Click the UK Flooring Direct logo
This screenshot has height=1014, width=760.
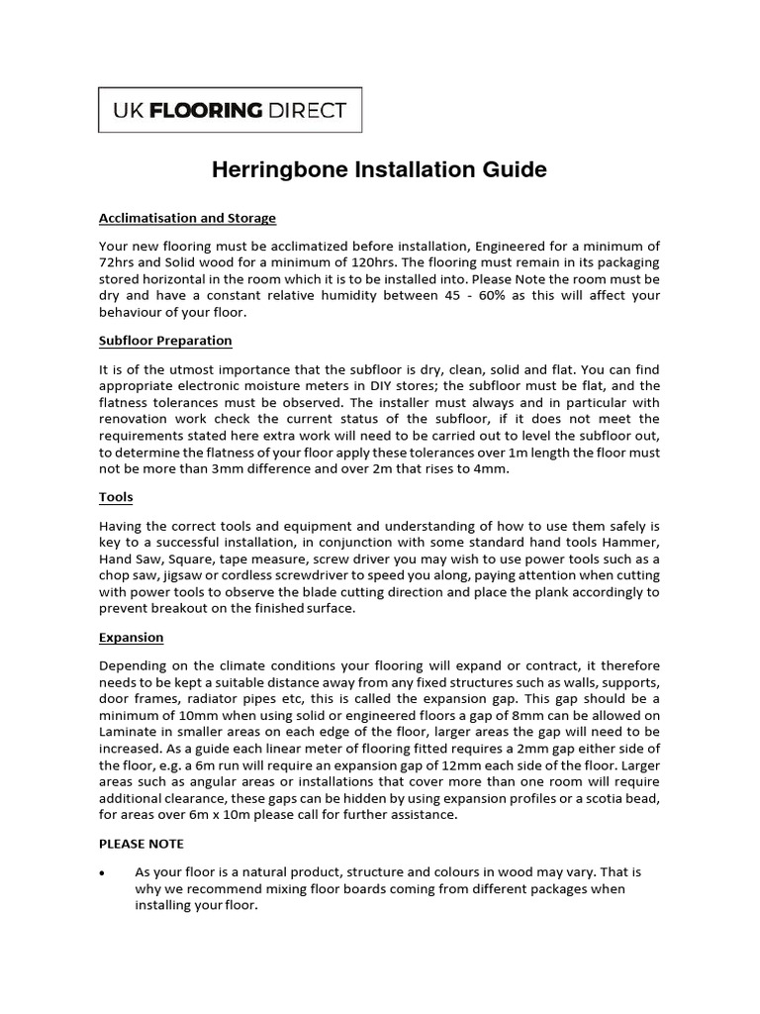click(230, 110)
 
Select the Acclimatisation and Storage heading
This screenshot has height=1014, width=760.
click(187, 218)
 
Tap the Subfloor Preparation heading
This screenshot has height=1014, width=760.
click(165, 341)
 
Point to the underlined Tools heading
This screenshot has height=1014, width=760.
click(116, 497)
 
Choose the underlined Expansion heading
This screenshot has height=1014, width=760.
click(132, 638)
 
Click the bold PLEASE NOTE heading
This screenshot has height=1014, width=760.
click(142, 844)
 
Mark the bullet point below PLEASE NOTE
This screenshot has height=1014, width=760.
click(103, 872)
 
